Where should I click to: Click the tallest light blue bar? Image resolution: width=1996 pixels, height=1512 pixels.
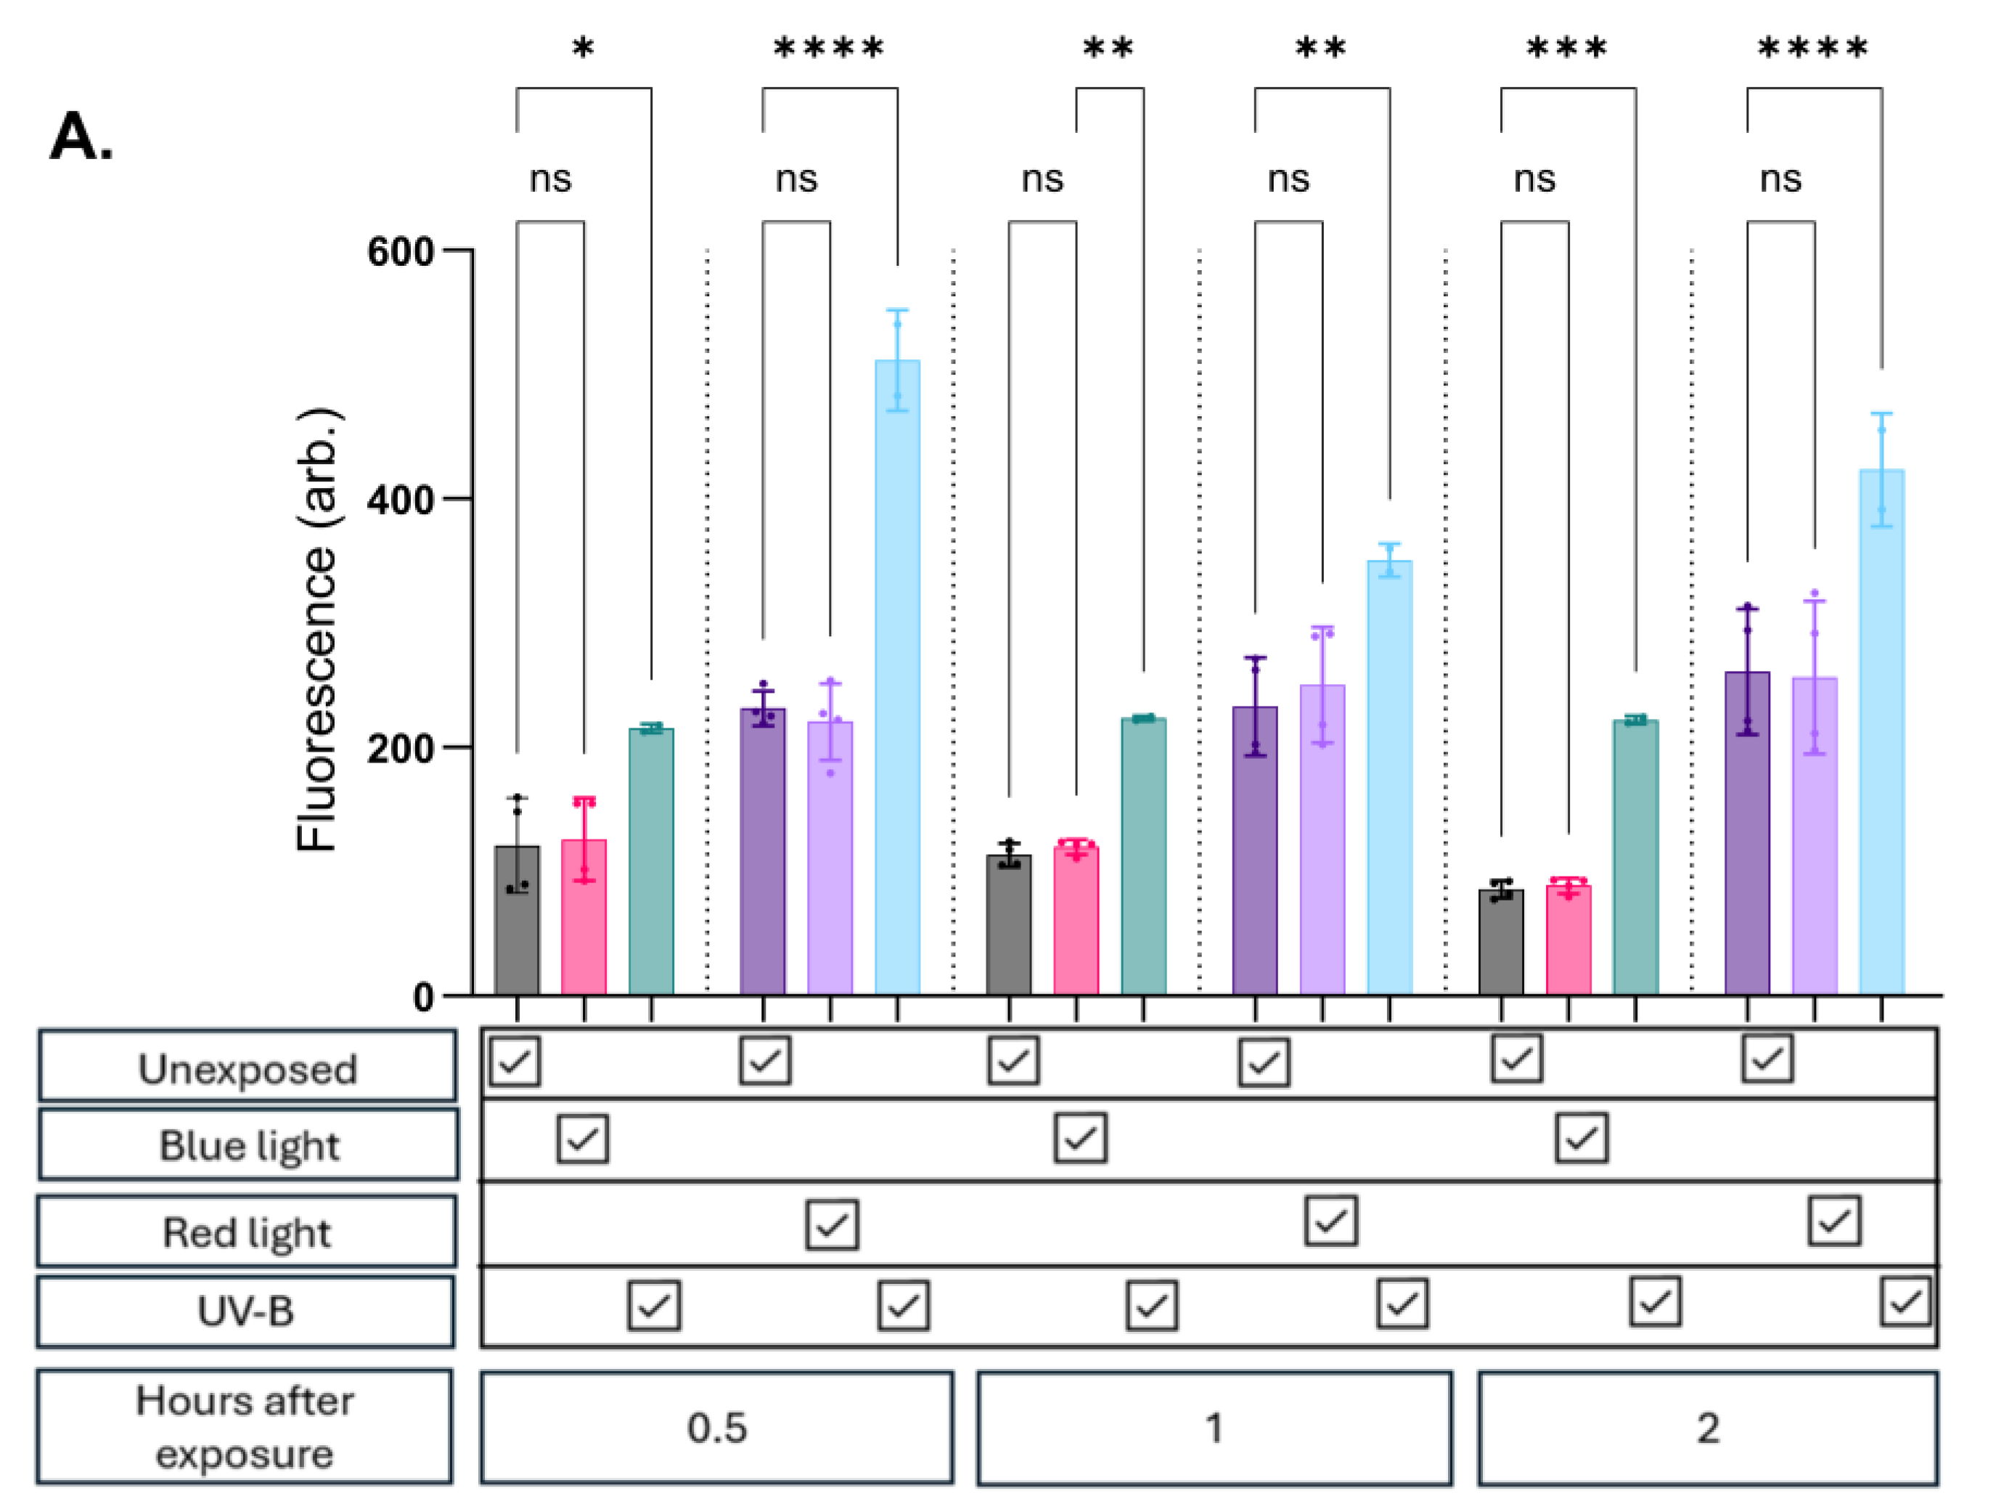coord(897,677)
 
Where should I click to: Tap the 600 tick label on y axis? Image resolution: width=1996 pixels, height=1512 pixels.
coord(400,251)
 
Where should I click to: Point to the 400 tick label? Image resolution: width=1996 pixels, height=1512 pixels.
coord(400,499)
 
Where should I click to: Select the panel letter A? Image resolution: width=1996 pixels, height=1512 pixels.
coord(81,137)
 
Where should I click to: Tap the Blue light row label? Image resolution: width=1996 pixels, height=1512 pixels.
coord(248,1145)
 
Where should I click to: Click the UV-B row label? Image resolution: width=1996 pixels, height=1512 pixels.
coord(245,1311)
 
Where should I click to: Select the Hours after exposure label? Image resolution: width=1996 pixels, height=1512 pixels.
coord(245,1427)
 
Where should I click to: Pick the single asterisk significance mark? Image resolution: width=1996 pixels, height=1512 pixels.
coord(583,48)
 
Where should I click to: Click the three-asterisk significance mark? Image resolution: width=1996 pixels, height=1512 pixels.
coord(1566,48)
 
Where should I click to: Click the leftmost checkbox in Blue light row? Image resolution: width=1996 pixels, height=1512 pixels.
coord(582,1138)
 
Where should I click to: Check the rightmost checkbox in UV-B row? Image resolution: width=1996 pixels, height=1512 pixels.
coord(1905,1301)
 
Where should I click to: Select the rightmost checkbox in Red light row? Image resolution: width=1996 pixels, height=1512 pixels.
coord(1833,1222)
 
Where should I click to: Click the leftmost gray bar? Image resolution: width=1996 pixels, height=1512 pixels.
coord(517,921)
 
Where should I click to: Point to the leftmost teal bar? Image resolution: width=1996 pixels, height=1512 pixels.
coord(650,862)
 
